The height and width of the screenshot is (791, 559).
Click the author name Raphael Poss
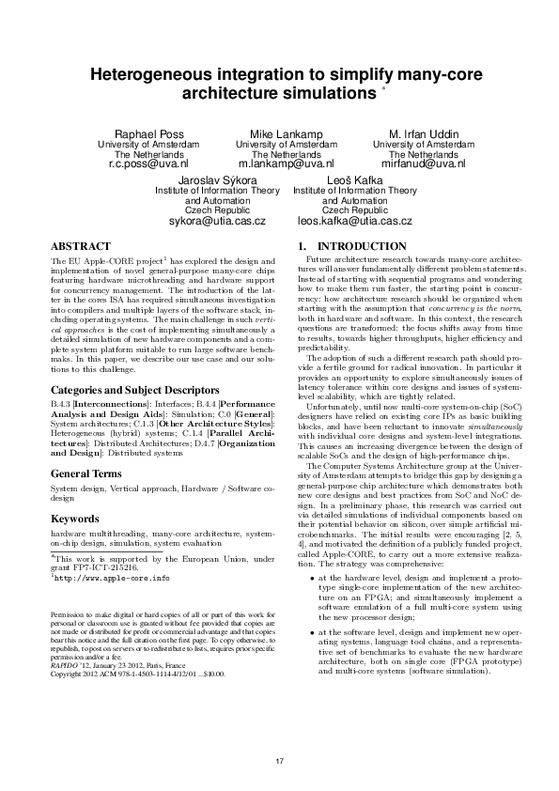point(148,134)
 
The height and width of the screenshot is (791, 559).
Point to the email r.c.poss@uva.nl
point(148,163)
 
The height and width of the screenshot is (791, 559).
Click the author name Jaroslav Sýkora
point(217,179)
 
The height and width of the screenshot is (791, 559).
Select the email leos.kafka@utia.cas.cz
point(354,221)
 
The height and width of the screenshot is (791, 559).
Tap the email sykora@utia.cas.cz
point(217,221)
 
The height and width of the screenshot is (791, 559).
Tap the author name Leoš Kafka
point(354,179)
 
